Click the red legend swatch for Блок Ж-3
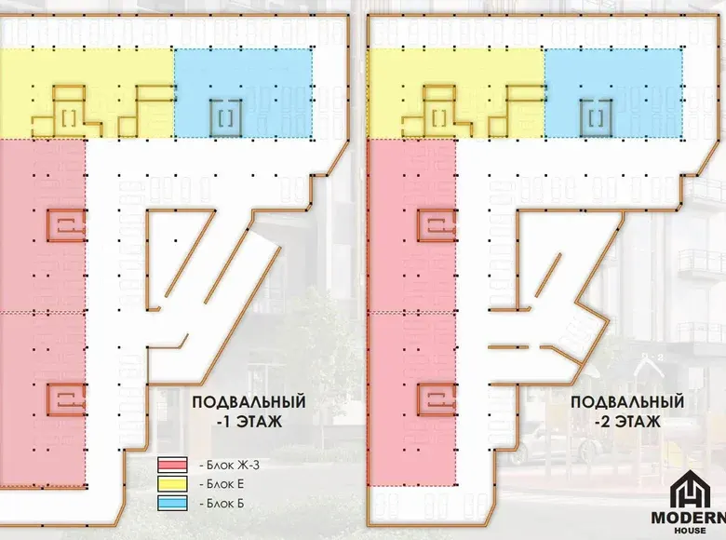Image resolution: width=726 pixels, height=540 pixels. click(172, 465)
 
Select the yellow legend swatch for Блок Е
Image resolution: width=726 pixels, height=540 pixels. click(172, 484)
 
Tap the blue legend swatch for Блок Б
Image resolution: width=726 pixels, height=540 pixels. click(172, 503)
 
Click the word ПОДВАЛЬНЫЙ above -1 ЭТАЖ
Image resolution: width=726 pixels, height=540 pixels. click(249, 401)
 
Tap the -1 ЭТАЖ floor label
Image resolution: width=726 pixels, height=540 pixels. click(249, 422)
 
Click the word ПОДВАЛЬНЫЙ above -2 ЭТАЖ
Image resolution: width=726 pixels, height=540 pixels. click(627, 401)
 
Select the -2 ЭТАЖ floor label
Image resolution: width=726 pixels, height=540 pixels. click(627, 422)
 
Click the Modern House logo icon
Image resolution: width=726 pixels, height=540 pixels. click(690, 490)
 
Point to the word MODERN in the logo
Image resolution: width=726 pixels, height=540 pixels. click(689, 518)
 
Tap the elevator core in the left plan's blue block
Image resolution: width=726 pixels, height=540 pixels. click(225, 118)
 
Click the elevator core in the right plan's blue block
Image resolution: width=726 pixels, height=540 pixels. click(596, 118)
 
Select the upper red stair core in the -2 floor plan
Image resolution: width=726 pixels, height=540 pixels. click(437, 225)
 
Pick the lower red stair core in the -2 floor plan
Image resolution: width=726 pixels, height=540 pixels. click(437, 399)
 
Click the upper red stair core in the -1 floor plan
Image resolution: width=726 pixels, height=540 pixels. click(67, 225)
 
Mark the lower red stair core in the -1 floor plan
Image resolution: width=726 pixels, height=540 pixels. click(67, 399)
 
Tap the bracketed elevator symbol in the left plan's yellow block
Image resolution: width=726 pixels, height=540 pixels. click(70, 118)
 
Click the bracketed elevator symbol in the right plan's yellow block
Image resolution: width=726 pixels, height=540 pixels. click(440, 118)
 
